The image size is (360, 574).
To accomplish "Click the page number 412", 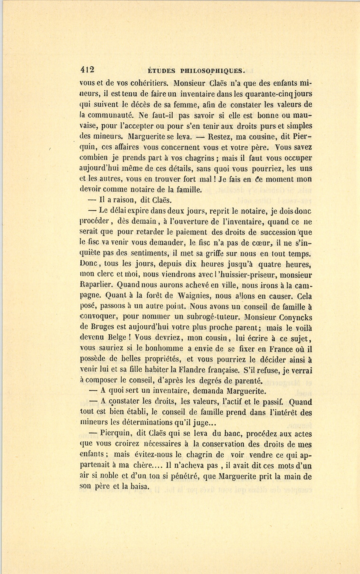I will (x=87, y=70).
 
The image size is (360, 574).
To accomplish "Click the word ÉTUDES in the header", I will (x=161, y=71).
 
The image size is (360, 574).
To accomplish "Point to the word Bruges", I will (x=104, y=328).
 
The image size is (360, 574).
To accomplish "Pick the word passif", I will (x=271, y=402).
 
